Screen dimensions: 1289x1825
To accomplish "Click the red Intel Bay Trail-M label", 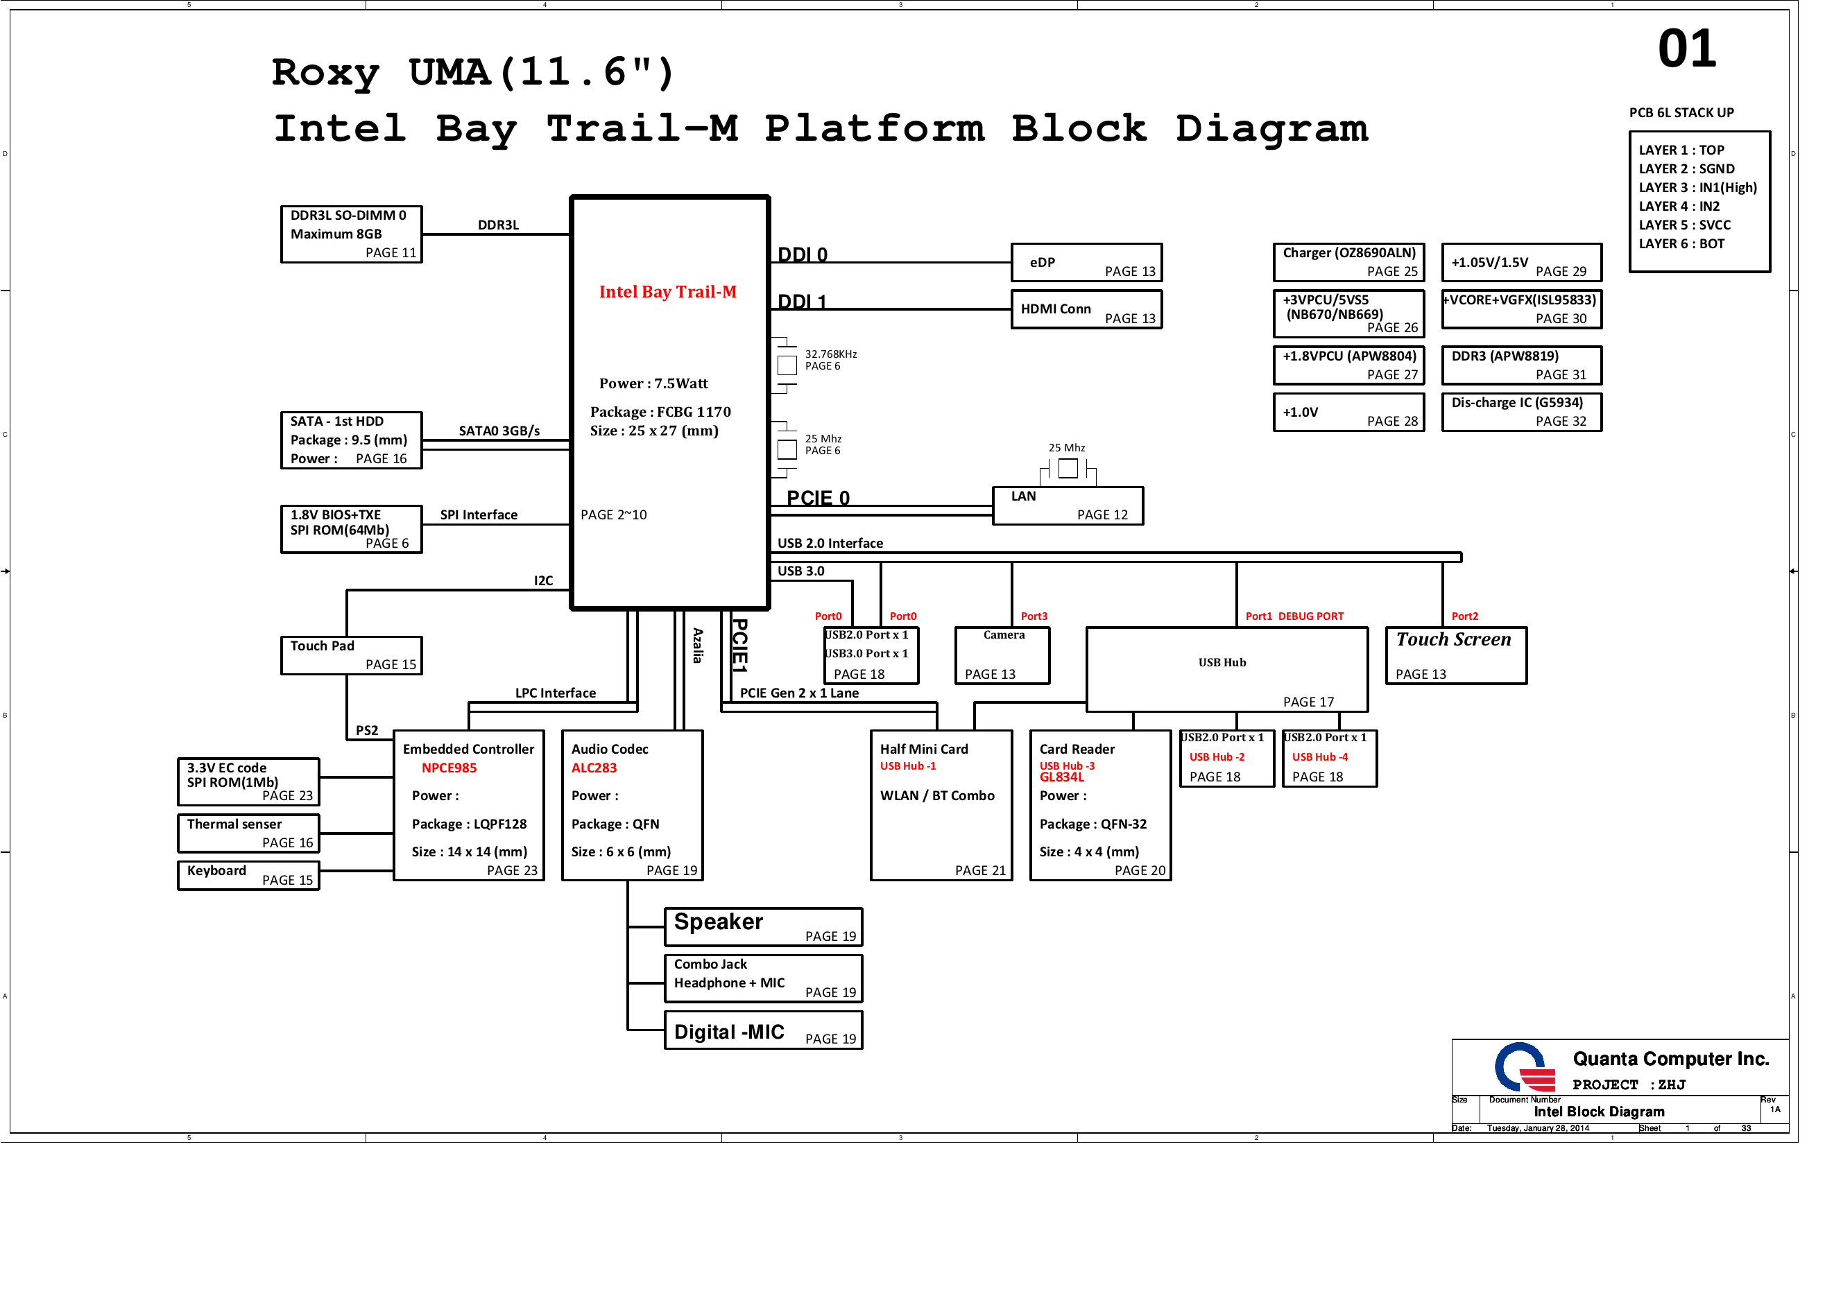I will (x=668, y=292).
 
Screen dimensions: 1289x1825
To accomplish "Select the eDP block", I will (x=1086, y=262).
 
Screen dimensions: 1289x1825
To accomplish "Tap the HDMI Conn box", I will (x=1086, y=309).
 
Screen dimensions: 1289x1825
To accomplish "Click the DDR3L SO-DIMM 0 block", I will (x=351, y=234).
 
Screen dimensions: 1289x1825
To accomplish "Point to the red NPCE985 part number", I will (x=449, y=768).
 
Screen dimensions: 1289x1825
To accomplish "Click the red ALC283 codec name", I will (x=594, y=768).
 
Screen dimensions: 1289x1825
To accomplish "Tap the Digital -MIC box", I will (x=763, y=1031).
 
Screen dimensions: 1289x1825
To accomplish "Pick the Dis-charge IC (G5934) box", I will (x=1521, y=412).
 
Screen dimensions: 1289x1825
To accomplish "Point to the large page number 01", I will (x=1687, y=49).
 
